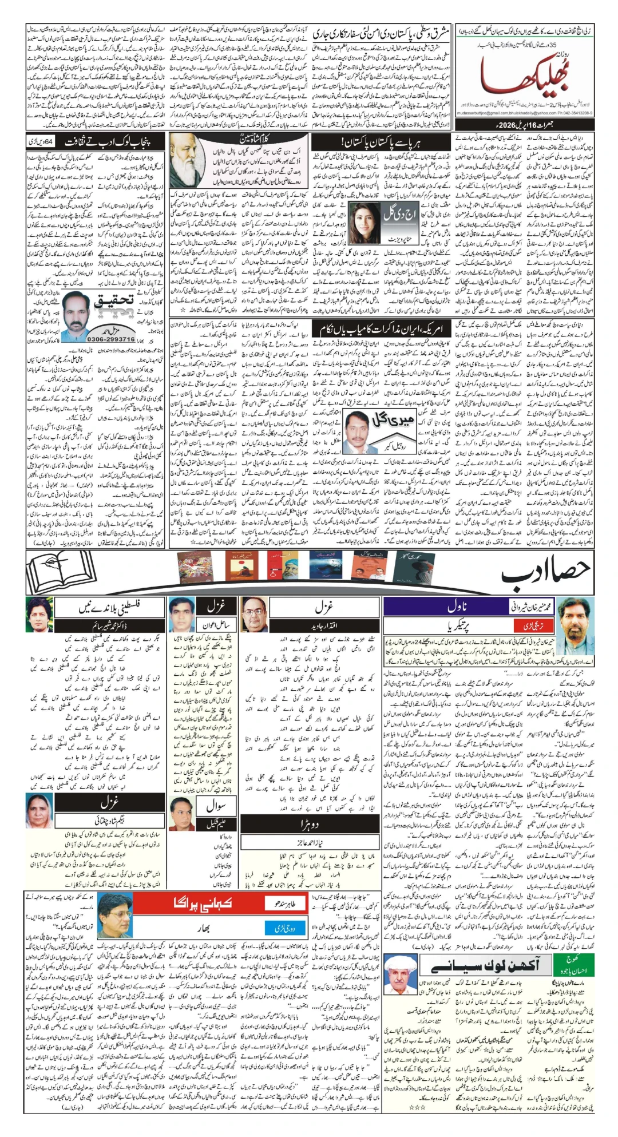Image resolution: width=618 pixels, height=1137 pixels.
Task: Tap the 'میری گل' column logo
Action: click(x=393, y=419)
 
